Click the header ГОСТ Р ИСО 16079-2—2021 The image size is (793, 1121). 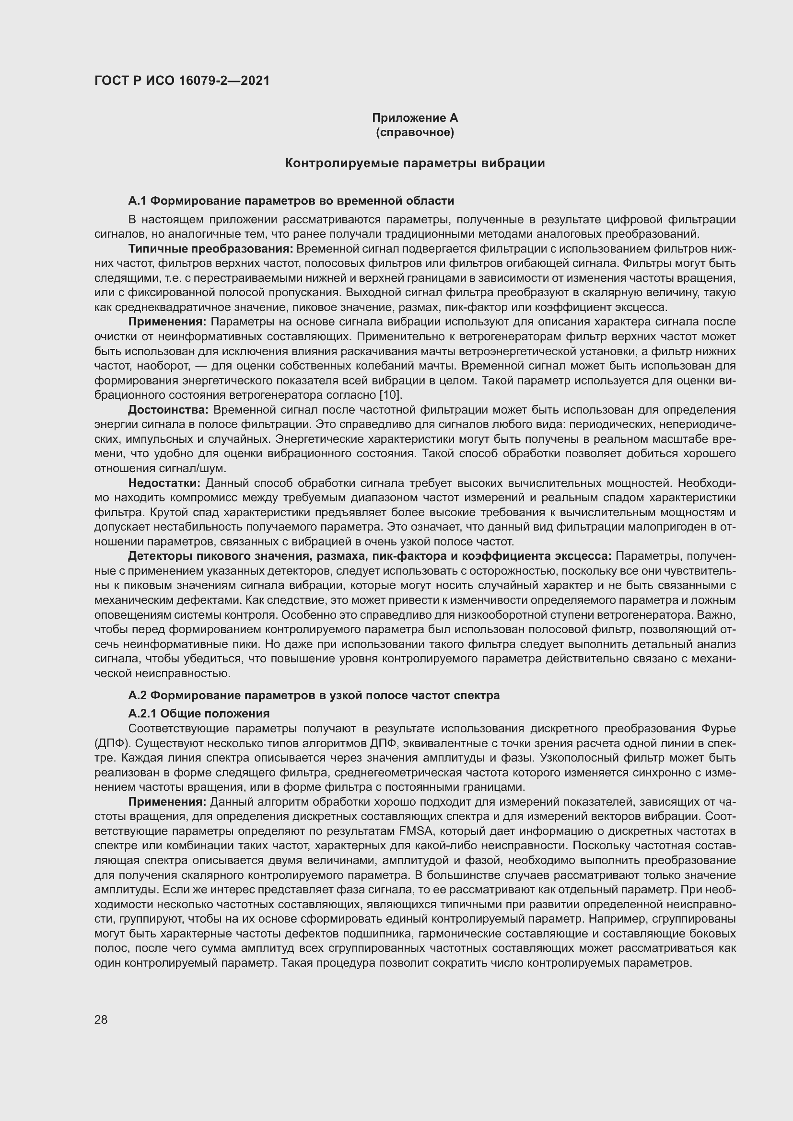click(x=182, y=81)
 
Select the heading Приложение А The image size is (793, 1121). click(x=415, y=118)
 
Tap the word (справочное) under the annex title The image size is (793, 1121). click(x=415, y=132)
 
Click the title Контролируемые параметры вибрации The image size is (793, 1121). click(x=415, y=163)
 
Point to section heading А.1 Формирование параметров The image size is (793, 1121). click(x=291, y=201)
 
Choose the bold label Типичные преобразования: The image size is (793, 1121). click(x=210, y=249)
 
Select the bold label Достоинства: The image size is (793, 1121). click(x=168, y=409)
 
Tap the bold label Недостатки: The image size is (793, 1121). click(x=164, y=483)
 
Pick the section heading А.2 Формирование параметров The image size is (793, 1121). click(x=314, y=695)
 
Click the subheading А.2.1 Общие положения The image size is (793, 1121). click(x=199, y=714)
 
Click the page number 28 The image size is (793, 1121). click(x=101, y=1019)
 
